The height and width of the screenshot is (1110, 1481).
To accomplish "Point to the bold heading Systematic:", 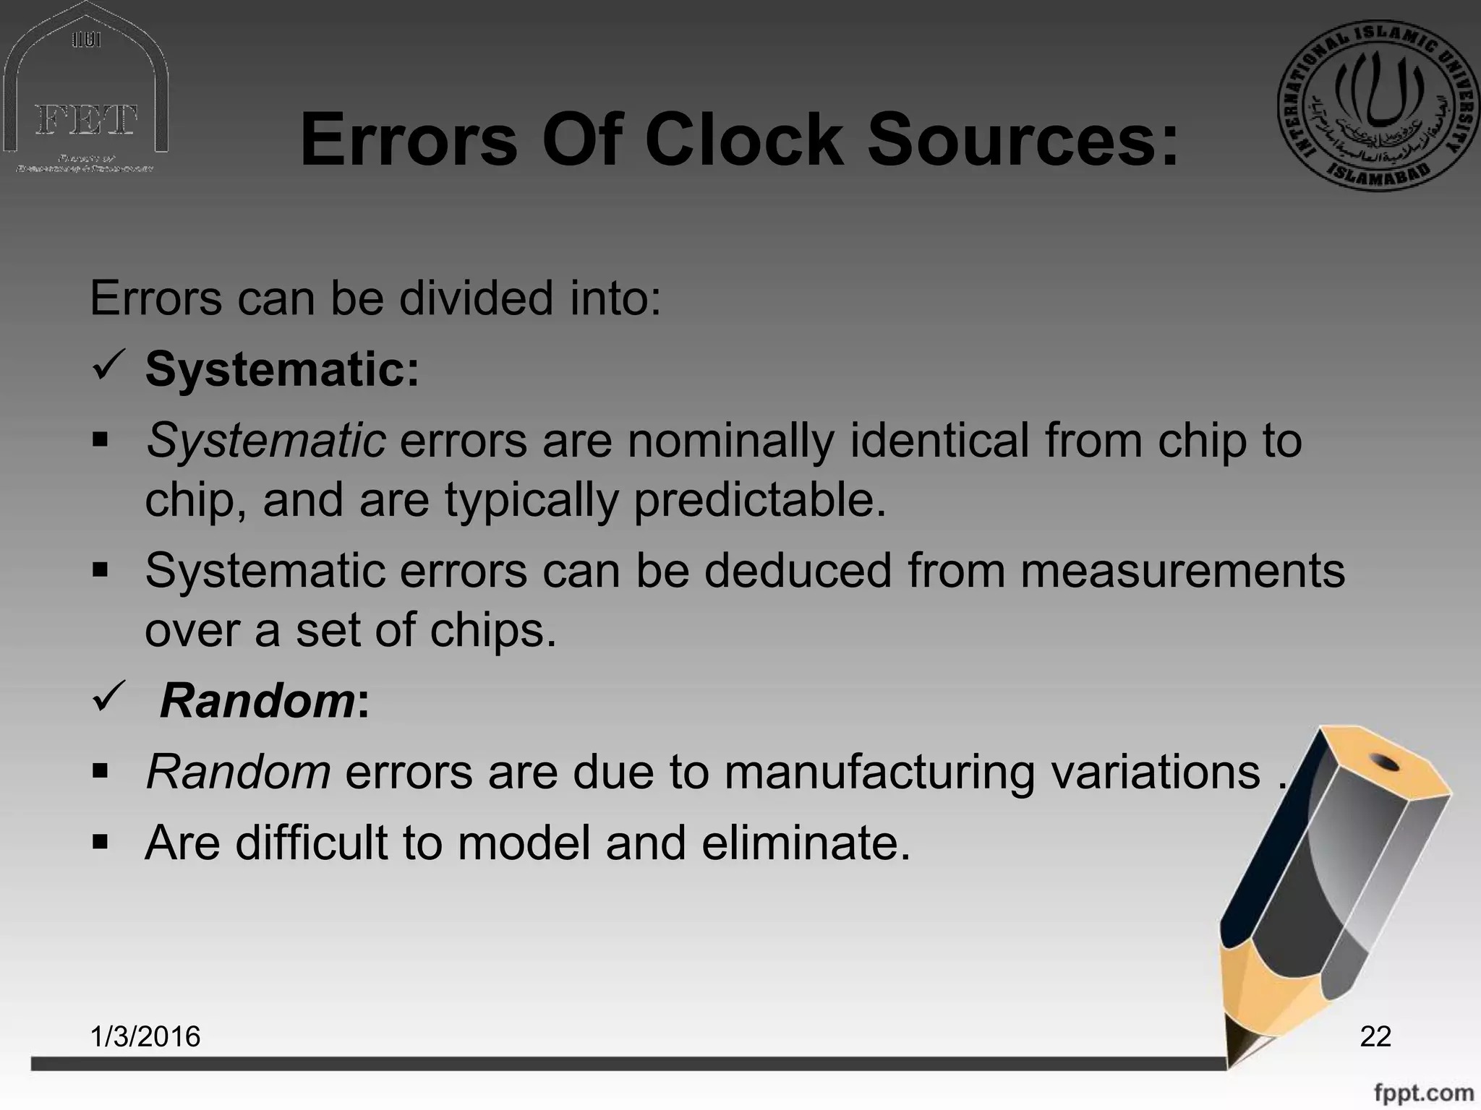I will [x=282, y=369].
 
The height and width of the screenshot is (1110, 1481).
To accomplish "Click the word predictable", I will [x=759, y=500].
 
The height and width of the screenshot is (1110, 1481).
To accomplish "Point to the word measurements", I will [x=1182, y=571].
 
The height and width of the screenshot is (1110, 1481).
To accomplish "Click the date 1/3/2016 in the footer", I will [x=145, y=1036].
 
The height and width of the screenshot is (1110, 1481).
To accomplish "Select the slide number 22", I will [x=1375, y=1036].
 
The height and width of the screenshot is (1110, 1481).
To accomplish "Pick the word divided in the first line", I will [x=477, y=298].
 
